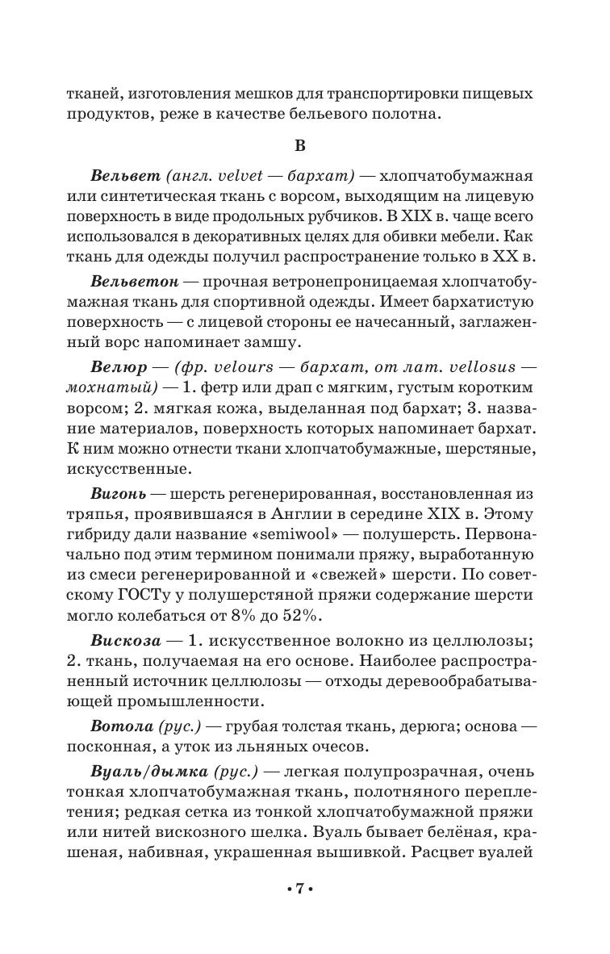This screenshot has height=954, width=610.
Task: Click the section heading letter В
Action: click(299, 145)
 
